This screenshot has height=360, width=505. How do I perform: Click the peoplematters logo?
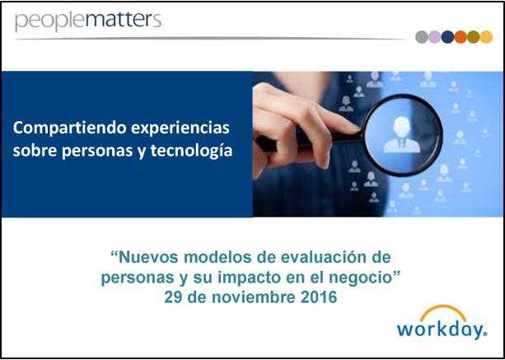click(88, 21)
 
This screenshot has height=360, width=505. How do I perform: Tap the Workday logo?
click(442, 322)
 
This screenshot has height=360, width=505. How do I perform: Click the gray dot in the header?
click(422, 37)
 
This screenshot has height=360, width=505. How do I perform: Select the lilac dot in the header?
click(434, 37)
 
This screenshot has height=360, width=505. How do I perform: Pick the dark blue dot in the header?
click(447, 37)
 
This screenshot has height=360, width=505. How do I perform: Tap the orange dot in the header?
click(461, 37)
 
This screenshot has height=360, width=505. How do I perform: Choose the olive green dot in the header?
click(474, 37)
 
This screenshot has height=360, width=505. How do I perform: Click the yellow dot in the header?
click(486, 37)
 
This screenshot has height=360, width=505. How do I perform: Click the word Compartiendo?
click(69, 129)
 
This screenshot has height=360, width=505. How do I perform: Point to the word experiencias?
click(180, 129)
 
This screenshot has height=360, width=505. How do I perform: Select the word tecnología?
click(191, 151)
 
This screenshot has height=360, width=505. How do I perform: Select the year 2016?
click(319, 297)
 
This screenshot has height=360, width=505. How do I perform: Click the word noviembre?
click(253, 297)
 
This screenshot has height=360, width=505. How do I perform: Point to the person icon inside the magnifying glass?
click(402, 134)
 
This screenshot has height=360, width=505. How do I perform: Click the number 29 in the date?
click(173, 297)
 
